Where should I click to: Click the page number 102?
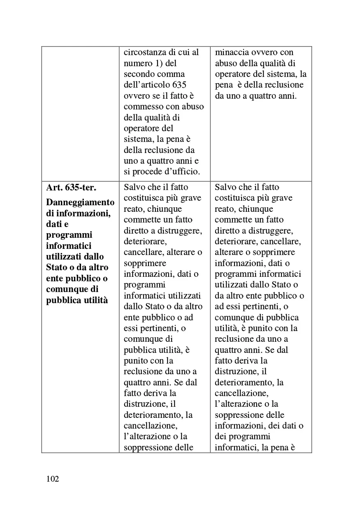point(53,479)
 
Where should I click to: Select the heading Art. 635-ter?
point(71,188)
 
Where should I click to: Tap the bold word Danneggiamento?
point(80,202)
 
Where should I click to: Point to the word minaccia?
point(231,52)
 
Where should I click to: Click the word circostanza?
point(144,52)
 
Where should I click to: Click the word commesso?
point(142,107)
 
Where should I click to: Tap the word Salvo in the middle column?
point(134,187)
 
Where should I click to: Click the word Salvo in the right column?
point(225,187)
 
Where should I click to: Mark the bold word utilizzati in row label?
point(66,257)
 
